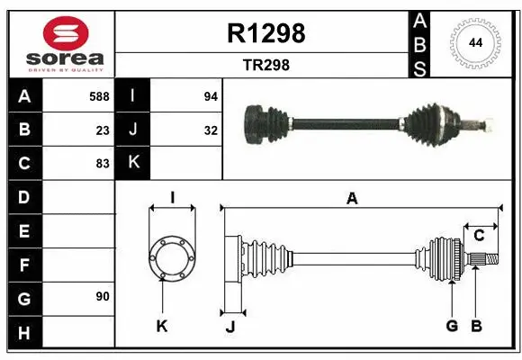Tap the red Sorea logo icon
click(x=66, y=34)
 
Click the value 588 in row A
click(x=99, y=95)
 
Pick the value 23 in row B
click(x=103, y=130)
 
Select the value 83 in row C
click(x=103, y=164)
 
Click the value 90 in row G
click(x=103, y=296)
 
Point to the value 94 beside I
click(x=210, y=95)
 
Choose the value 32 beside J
click(x=210, y=130)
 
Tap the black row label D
click(x=23, y=196)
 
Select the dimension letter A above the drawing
click(x=353, y=199)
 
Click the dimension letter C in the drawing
click(x=479, y=236)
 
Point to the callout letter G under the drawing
click(x=452, y=326)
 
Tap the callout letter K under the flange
click(x=162, y=326)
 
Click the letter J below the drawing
click(x=229, y=327)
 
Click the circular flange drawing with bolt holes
click(x=171, y=256)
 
